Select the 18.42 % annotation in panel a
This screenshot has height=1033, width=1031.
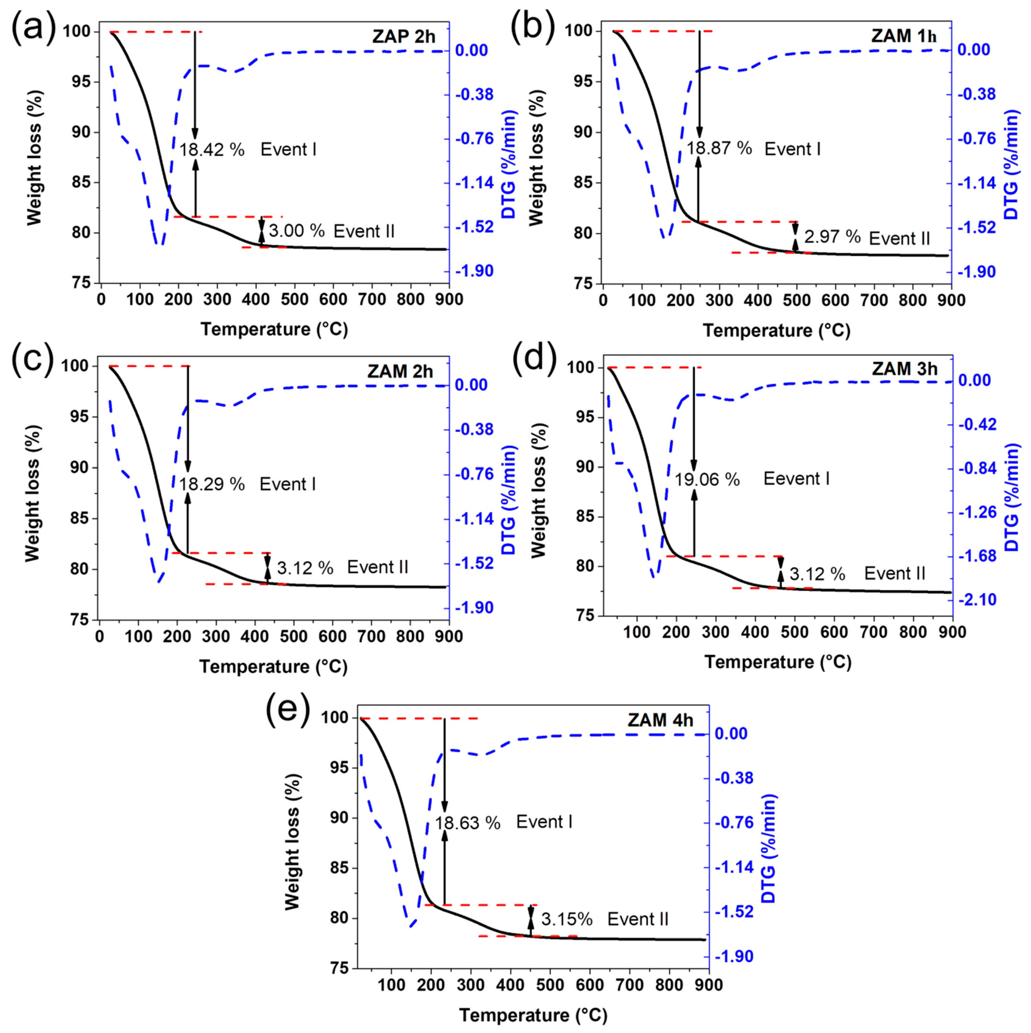click(212, 150)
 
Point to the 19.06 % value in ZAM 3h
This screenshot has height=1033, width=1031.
click(707, 480)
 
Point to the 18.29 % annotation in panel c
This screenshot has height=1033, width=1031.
click(212, 484)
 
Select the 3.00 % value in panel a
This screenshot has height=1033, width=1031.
click(297, 231)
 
